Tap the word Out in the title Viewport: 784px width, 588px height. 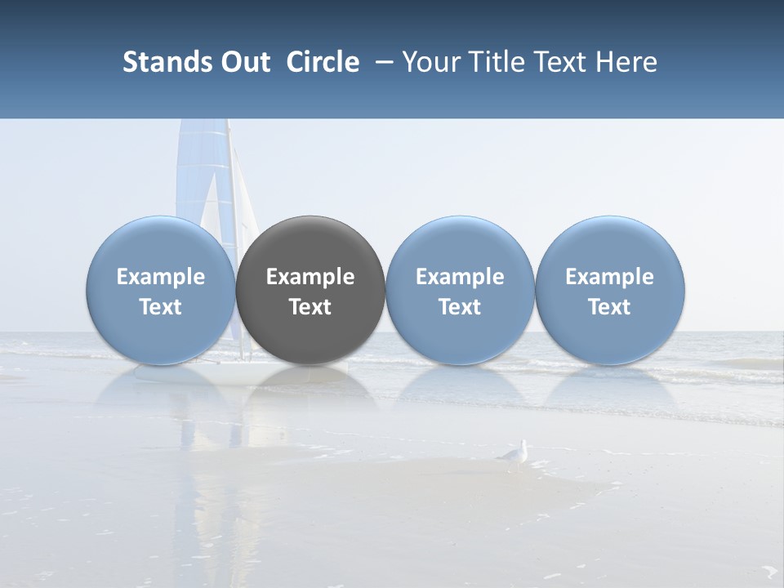coord(243,62)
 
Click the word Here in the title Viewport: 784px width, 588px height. coord(626,62)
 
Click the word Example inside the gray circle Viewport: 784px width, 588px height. coord(310,277)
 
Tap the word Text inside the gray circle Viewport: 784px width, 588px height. coord(310,307)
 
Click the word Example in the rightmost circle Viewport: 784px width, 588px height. coord(610,277)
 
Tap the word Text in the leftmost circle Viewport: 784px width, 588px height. coord(161,307)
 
